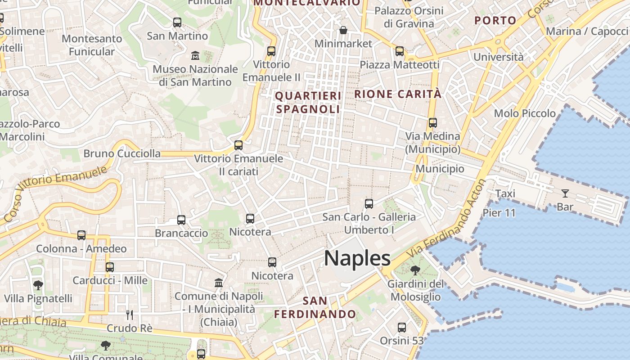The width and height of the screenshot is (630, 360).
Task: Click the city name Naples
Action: point(357,258)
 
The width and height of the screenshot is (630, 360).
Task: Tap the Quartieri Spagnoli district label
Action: point(308,102)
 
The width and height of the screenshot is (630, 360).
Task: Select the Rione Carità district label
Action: point(398,94)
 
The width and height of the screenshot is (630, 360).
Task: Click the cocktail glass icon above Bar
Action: point(565,193)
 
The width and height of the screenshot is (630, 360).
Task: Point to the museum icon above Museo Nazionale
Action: point(195,56)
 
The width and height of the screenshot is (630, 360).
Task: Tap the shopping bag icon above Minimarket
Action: point(343,30)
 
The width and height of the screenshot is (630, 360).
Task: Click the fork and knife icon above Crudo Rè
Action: point(130,315)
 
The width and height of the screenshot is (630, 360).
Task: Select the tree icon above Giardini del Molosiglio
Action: point(415,270)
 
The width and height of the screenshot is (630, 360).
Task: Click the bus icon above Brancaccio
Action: point(181,220)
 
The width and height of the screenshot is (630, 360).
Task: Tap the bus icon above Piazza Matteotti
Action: point(400,51)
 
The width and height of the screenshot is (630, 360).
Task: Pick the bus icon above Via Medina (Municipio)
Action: point(433,122)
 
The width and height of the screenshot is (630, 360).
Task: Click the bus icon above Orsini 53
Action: point(402,328)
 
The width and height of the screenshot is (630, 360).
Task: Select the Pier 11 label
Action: point(499,212)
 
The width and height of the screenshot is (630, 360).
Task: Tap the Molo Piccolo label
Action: point(525,113)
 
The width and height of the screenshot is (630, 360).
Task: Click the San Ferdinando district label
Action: point(315,307)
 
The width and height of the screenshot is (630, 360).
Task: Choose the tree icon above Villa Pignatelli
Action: point(38,285)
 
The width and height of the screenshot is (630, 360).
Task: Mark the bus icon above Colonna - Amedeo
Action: point(81,235)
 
